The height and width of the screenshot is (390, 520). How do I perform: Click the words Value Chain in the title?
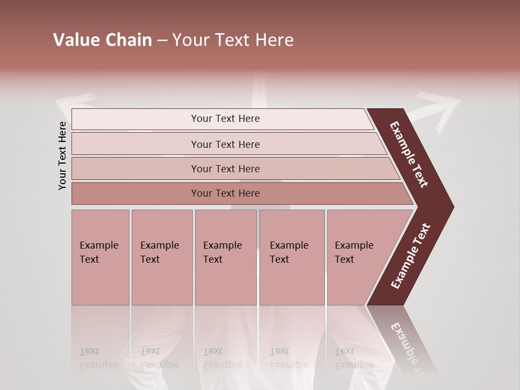(102, 40)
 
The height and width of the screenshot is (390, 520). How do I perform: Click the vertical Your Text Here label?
(62, 155)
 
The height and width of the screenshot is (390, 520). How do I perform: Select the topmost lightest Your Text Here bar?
(225, 119)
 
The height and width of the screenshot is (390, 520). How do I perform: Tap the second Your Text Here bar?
(225, 144)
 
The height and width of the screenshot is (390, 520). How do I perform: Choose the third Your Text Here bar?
(225, 168)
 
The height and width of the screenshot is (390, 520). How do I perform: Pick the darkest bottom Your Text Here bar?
(225, 193)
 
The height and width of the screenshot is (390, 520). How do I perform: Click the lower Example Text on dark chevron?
(411, 256)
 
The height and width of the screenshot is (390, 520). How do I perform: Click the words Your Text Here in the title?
(233, 40)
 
